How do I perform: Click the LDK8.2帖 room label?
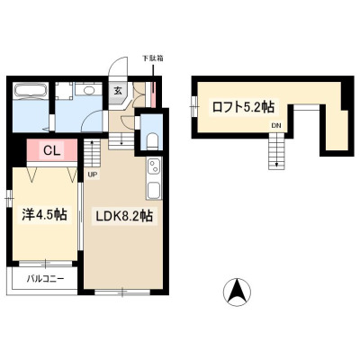[124, 216]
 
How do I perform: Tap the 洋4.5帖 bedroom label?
[44, 215]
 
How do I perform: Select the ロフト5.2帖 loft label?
[243, 107]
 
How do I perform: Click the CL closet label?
[52, 150]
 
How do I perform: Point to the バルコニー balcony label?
[45, 279]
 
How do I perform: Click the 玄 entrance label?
[118, 91]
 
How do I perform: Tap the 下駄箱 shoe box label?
[153, 58]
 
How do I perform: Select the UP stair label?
[93, 175]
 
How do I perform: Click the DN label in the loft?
[276, 126]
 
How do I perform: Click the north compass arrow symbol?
[238, 292]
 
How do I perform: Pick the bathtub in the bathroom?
[31, 90]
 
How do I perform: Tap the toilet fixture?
[153, 140]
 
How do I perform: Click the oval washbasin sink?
[89, 90]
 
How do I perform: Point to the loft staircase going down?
[276, 151]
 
